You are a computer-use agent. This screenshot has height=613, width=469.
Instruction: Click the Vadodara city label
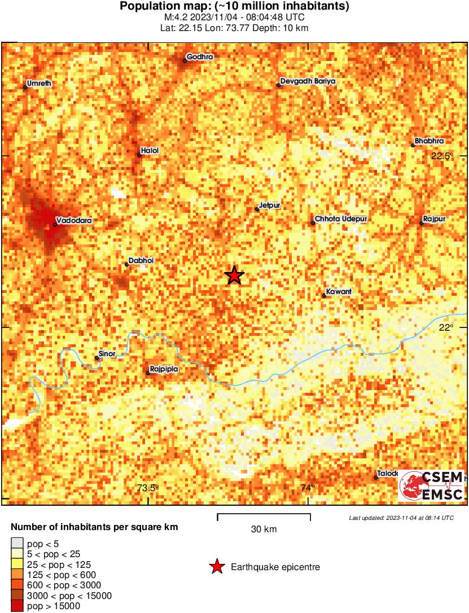point(74,221)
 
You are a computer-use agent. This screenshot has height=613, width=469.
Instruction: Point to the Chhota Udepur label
point(341,219)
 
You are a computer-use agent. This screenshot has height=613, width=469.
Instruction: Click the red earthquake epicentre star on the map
point(234,275)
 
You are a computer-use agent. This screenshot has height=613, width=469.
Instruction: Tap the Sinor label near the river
point(107,354)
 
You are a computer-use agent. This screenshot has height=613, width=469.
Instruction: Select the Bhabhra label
point(429,141)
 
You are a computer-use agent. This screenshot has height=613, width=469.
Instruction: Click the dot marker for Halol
point(139,154)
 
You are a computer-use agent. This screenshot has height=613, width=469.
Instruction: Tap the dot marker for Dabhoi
point(127,264)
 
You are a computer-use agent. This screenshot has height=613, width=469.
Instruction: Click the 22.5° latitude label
point(442,156)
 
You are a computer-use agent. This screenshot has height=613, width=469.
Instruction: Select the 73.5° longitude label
point(148,488)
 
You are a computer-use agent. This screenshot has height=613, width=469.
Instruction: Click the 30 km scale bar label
point(264,529)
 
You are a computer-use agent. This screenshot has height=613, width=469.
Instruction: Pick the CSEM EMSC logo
point(431,485)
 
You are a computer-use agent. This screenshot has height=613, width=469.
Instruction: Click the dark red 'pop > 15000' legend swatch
point(17,606)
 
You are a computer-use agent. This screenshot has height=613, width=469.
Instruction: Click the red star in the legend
point(216,567)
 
